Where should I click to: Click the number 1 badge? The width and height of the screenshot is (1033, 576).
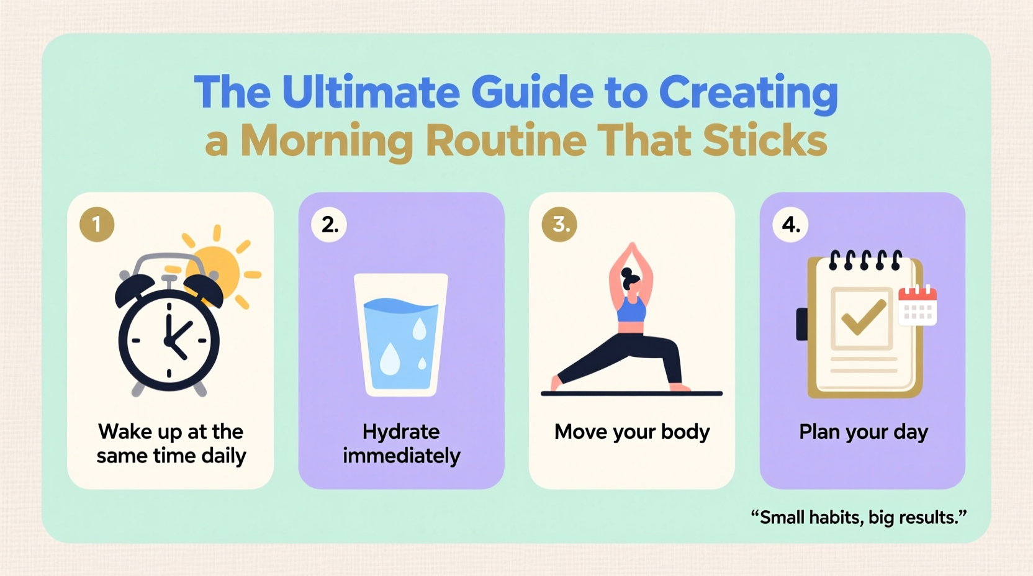[x=97, y=224]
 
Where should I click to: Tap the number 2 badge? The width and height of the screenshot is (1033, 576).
[x=329, y=224]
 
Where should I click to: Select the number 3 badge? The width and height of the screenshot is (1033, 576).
[x=559, y=224]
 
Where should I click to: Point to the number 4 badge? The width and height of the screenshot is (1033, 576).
[x=790, y=224]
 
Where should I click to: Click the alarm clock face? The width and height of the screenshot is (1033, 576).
[x=169, y=340]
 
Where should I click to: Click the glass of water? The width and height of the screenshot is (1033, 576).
[x=401, y=335]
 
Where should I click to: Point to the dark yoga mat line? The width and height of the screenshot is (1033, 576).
[x=631, y=394]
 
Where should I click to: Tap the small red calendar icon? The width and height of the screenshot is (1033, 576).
[x=918, y=305]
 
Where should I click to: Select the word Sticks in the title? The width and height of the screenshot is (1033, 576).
[x=765, y=140]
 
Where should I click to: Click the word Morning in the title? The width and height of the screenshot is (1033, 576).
[x=327, y=140]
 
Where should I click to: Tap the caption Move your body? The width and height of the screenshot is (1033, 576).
[x=631, y=431]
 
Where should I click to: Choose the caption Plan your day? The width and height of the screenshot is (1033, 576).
[x=863, y=431]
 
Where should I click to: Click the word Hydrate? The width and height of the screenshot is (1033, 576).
[x=401, y=431]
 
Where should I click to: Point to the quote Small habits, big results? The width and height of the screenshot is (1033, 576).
[x=859, y=517]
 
